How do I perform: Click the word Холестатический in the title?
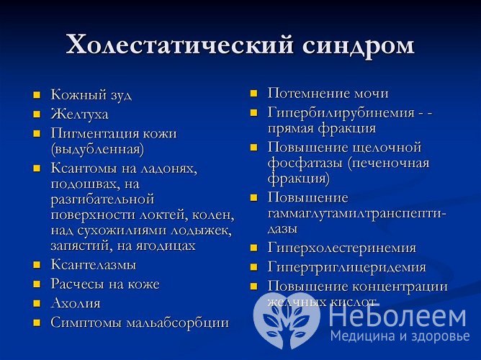pos(180,45)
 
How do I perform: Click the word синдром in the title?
pos(358,45)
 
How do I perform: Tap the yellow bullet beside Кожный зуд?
pos(37,95)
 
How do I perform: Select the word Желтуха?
pos(80,114)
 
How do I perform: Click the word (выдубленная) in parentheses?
pos(97,149)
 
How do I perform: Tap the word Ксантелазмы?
pos(93,265)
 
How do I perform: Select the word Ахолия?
pos(76,303)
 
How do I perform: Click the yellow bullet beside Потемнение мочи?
pos(253,94)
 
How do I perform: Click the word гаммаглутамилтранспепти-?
pos(357,213)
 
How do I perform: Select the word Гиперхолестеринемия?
pos(341,248)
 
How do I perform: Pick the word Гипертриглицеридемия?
pos(346,267)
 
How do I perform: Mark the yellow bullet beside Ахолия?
pos(37,304)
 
